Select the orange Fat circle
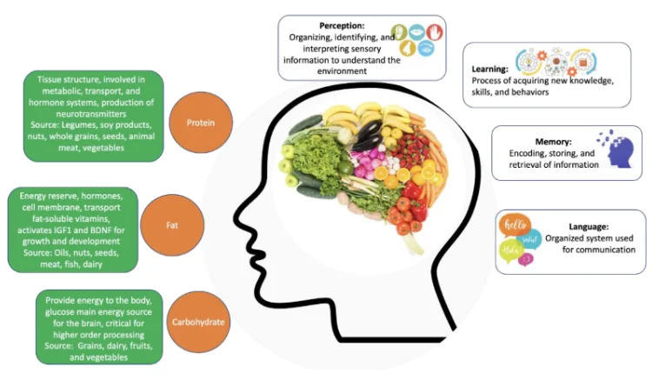(x=172, y=226)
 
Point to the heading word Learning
(x=485, y=69)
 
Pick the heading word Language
(x=577, y=224)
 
